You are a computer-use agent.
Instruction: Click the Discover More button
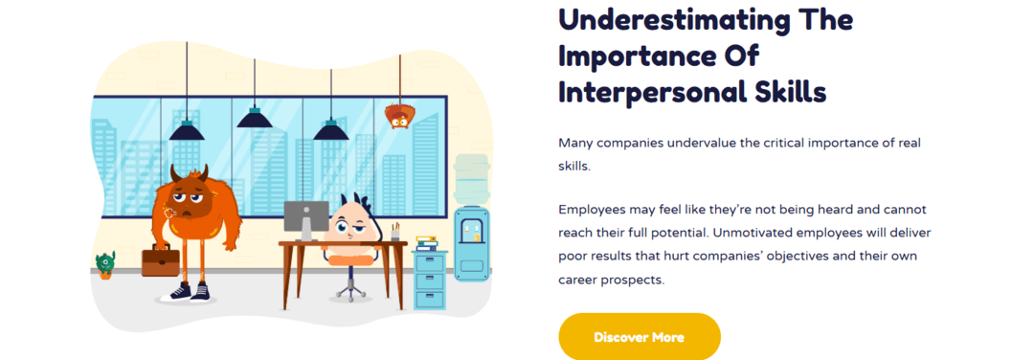[639, 337]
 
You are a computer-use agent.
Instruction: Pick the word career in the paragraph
[580, 281]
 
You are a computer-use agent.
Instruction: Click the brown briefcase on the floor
[160, 259]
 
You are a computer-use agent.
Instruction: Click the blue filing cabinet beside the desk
[430, 279]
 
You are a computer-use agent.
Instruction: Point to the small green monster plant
[105, 264]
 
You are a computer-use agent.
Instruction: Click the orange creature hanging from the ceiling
[398, 116]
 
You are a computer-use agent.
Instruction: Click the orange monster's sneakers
[189, 291]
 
